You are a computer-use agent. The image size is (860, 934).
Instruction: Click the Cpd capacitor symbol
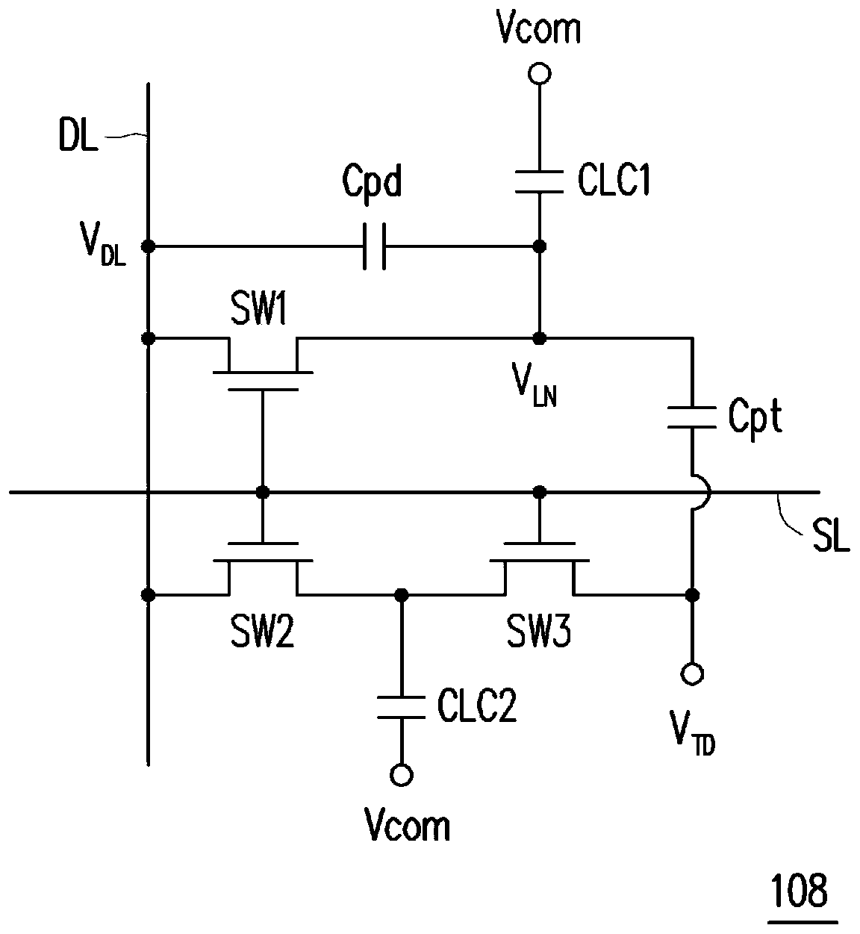374,246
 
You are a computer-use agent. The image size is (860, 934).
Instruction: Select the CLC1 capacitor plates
539,181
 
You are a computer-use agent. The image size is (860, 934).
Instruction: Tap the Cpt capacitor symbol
692,417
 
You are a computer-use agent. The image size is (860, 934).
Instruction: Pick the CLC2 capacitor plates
402,707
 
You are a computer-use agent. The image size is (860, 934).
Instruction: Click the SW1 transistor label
258,311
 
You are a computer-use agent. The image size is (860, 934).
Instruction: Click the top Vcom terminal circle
540,74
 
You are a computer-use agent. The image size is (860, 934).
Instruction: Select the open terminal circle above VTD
692,673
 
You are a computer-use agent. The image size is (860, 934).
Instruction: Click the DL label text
78,135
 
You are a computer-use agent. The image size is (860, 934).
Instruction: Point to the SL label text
832,537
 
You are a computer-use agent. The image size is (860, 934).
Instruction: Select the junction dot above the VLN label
539,338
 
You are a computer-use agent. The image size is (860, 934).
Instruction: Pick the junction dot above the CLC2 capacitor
402,594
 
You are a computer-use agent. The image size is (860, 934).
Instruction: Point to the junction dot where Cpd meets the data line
148,246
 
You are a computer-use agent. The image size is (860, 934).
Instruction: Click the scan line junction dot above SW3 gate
539,492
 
